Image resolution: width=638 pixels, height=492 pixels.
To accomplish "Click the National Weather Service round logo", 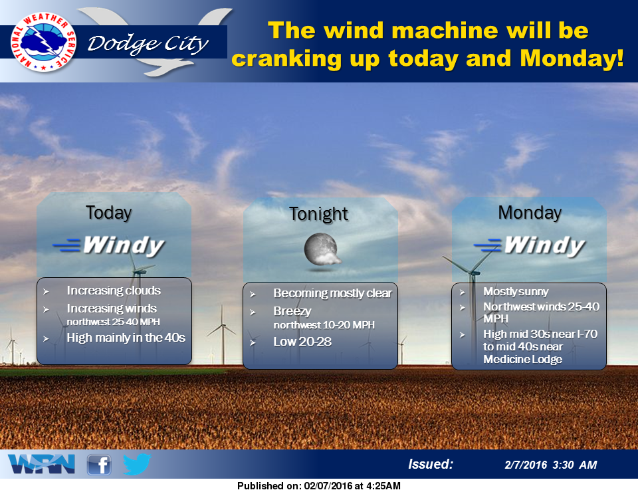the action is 44,42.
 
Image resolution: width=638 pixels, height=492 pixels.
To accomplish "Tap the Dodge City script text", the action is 148,44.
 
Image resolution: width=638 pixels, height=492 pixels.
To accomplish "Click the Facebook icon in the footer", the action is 99,465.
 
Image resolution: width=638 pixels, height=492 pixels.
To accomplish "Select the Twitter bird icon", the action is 137,464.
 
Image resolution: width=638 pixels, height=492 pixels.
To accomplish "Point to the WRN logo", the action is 41,464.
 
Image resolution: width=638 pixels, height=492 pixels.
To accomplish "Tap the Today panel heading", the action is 108,213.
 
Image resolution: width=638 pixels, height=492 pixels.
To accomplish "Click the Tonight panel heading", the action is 318,214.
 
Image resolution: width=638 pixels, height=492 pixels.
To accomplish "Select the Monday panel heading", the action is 530,213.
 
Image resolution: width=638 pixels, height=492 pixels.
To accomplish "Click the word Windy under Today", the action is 124,245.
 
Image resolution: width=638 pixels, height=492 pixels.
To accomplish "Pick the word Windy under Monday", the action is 545,245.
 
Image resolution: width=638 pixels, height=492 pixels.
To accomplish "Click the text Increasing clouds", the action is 114,291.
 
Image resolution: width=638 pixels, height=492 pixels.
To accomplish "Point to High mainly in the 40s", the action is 126,338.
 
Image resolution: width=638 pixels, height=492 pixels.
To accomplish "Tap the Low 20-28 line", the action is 302,342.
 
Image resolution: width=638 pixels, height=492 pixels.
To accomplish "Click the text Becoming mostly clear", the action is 332,293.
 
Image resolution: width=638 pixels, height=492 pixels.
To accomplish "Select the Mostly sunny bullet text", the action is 516,291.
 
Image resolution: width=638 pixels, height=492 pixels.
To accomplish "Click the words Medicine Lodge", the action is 522,359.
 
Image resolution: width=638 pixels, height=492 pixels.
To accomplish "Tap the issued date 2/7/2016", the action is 526,465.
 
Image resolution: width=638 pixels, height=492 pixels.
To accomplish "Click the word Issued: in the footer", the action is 431,464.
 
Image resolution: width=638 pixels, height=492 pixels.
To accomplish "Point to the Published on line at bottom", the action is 319,486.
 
